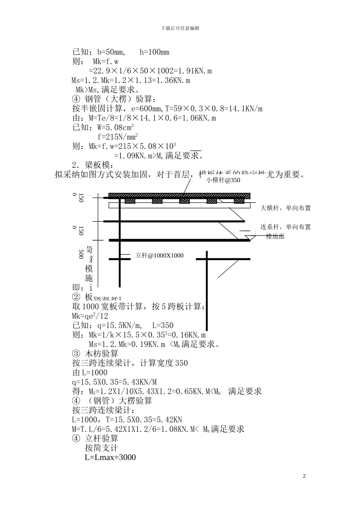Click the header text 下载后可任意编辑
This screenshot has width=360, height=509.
point(180,28)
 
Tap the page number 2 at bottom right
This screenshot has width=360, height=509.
point(304,476)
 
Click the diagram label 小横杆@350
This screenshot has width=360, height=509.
point(223,180)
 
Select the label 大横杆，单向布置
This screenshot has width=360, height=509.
point(285,208)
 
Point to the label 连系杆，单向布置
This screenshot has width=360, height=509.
point(285,227)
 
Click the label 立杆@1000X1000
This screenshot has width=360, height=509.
point(159,256)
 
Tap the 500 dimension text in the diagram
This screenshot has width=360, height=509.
point(81,254)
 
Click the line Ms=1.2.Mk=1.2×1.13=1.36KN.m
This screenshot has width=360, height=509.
point(131,80)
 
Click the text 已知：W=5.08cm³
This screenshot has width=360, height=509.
point(103,127)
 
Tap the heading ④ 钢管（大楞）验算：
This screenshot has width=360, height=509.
point(114,99)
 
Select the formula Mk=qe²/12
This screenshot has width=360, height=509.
point(90,316)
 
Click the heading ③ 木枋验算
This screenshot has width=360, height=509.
point(95,354)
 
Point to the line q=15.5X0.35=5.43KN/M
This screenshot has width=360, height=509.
point(114,382)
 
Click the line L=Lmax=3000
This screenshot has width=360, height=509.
point(110,457)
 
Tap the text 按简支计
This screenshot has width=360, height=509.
point(102,448)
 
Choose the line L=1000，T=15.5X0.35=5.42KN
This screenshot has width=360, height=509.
point(127,420)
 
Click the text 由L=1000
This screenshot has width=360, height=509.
point(90,373)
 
